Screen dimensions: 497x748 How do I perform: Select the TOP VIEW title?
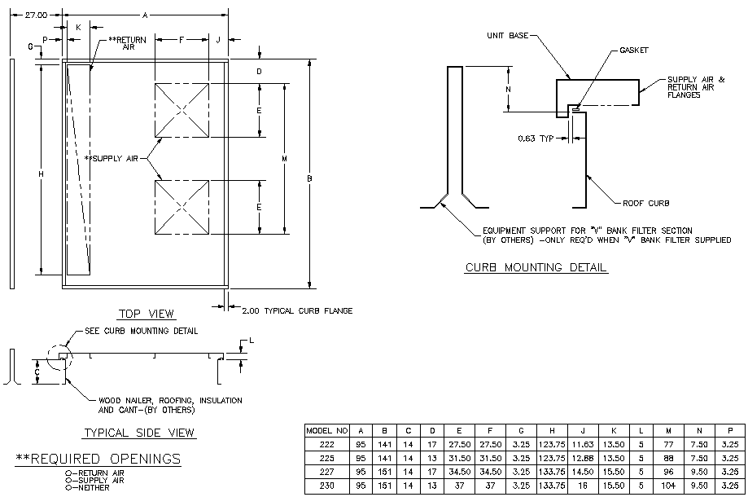147,314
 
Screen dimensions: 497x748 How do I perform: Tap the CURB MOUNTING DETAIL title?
536,267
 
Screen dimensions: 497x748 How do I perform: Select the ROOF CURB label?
646,202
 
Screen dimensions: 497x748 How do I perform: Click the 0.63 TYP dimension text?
535,139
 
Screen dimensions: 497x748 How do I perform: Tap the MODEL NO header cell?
326,429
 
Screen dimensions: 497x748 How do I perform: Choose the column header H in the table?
552,429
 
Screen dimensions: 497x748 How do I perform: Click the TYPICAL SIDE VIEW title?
139,433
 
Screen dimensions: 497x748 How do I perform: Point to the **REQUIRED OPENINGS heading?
98,459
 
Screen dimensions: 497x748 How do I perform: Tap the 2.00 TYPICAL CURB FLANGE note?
296,310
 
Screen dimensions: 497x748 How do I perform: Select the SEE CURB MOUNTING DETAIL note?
141,332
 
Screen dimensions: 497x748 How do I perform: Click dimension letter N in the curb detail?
508,89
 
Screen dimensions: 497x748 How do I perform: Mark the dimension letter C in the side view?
37,372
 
